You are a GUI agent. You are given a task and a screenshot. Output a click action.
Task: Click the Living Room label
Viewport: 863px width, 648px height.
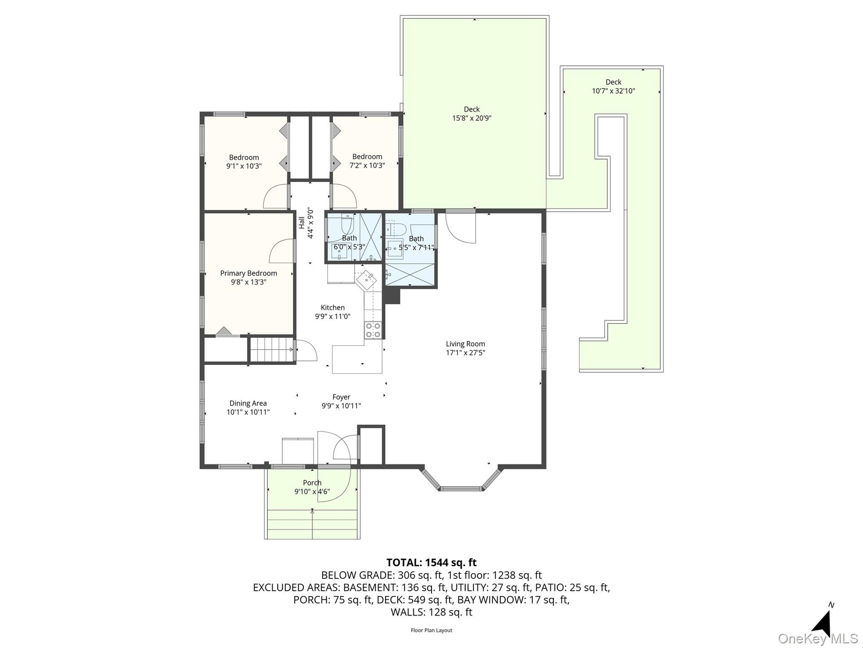point(465,344)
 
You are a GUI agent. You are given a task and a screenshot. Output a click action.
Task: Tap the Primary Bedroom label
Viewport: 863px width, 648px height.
point(249,273)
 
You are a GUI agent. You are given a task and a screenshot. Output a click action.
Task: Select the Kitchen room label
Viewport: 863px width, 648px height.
point(333,307)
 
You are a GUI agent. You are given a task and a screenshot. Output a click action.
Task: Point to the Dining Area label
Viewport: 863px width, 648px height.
point(248,403)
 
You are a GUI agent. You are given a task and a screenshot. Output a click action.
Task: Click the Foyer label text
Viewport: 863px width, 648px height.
point(341,397)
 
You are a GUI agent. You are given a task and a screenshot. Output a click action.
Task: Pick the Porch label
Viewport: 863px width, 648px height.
point(312,483)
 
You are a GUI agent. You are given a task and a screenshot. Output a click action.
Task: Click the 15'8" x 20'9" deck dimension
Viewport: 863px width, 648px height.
point(472,118)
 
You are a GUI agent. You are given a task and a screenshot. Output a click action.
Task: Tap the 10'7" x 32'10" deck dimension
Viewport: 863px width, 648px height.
point(613,91)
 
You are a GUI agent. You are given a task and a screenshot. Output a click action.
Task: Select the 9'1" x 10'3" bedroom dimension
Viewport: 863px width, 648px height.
point(244,166)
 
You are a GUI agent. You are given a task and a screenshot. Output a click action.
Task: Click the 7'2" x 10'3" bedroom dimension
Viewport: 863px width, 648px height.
point(367,165)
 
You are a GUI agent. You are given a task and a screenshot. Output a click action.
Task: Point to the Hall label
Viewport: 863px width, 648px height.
point(302,222)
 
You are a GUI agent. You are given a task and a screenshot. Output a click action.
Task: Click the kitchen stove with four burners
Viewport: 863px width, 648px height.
point(373,330)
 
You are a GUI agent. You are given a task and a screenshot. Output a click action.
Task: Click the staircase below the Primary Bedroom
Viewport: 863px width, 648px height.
point(271,349)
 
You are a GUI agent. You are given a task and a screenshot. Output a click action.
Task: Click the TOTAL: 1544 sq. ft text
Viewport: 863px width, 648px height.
point(431,562)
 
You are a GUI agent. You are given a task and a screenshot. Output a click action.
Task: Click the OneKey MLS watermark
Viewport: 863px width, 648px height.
point(818,639)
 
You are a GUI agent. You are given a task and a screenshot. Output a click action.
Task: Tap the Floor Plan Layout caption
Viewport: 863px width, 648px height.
point(431,630)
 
